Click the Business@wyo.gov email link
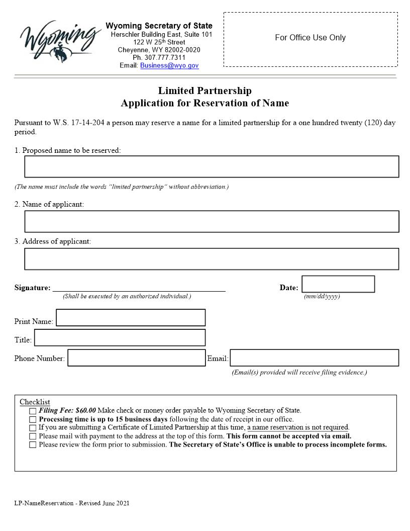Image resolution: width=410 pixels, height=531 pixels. pos(169,65)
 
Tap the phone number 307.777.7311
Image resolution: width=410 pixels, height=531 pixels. pos(159,58)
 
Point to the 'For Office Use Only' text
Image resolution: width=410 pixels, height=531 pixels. pos(310,38)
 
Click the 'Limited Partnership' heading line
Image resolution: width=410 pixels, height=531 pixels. pos(204,91)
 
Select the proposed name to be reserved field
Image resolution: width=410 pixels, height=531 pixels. pos(212,166)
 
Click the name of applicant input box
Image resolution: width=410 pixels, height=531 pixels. pos(212,221)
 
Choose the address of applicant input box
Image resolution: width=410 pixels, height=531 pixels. pos(212,259)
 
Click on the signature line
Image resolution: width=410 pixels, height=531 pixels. pos(139,288)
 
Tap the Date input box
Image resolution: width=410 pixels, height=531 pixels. pos(338,284)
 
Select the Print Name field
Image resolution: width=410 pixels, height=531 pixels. pos(131,318)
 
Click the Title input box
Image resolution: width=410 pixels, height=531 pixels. pos(120,337)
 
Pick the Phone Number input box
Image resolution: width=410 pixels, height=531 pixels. pos(136,358)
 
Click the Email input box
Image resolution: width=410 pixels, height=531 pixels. pos(314,358)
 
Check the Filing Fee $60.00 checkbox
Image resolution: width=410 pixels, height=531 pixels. pos(33,411)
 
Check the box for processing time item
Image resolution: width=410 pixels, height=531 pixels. pos(33,419)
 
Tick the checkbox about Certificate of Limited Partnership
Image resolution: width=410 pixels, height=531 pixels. pos(33,428)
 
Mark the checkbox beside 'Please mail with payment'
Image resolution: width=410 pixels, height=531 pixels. pos(33,436)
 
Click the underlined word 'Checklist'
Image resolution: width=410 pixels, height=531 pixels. pos(35,402)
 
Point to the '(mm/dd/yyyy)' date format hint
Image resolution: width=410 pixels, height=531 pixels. pos(322,297)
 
